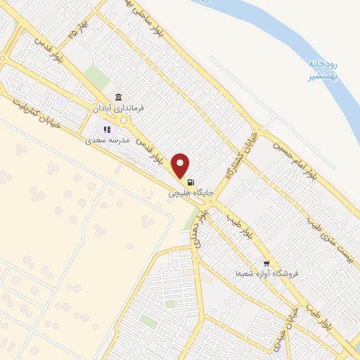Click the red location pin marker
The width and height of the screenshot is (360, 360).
[x=181, y=165]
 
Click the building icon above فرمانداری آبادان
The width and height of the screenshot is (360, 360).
[x=117, y=97]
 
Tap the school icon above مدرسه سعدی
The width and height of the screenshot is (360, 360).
[x=108, y=129]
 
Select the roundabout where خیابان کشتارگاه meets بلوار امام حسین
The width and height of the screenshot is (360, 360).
[x=259, y=132]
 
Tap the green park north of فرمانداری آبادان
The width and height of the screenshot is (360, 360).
[x=96, y=77]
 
